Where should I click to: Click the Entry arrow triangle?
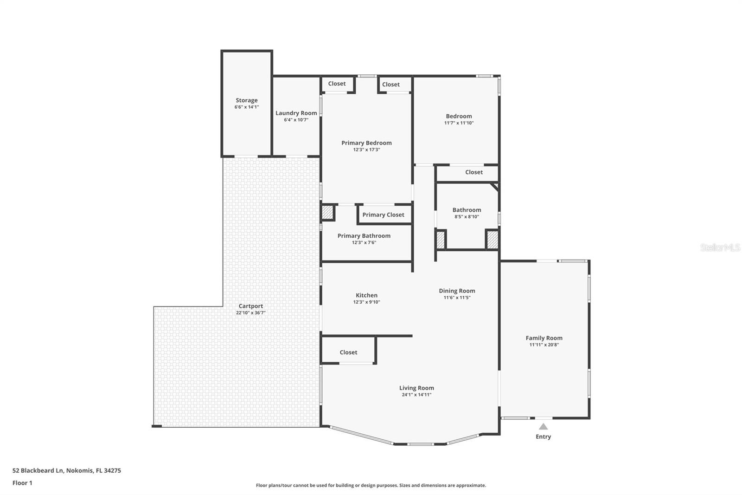click(543, 426)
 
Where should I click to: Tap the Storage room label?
click(246, 100)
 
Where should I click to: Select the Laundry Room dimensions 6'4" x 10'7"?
click(296, 120)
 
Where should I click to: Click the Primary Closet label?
click(383, 215)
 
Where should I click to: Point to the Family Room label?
click(544, 338)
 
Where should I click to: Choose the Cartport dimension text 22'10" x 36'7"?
click(250, 313)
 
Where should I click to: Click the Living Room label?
click(416, 388)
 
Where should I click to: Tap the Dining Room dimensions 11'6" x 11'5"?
click(457, 298)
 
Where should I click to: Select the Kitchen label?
click(366, 295)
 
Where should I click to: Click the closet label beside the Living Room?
click(348, 352)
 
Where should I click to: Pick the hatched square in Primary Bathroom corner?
click(328, 213)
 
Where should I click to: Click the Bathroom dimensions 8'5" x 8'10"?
click(466, 217)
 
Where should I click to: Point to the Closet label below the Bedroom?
click(473, 172)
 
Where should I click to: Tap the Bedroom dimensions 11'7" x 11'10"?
click(459, 123)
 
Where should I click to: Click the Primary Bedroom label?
click(366, 143)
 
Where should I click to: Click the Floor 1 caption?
click(22, 483)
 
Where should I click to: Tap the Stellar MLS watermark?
click(720, 247)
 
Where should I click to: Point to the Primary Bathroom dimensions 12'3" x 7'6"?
click(364, 242)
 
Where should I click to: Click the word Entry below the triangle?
click(543, 436)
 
